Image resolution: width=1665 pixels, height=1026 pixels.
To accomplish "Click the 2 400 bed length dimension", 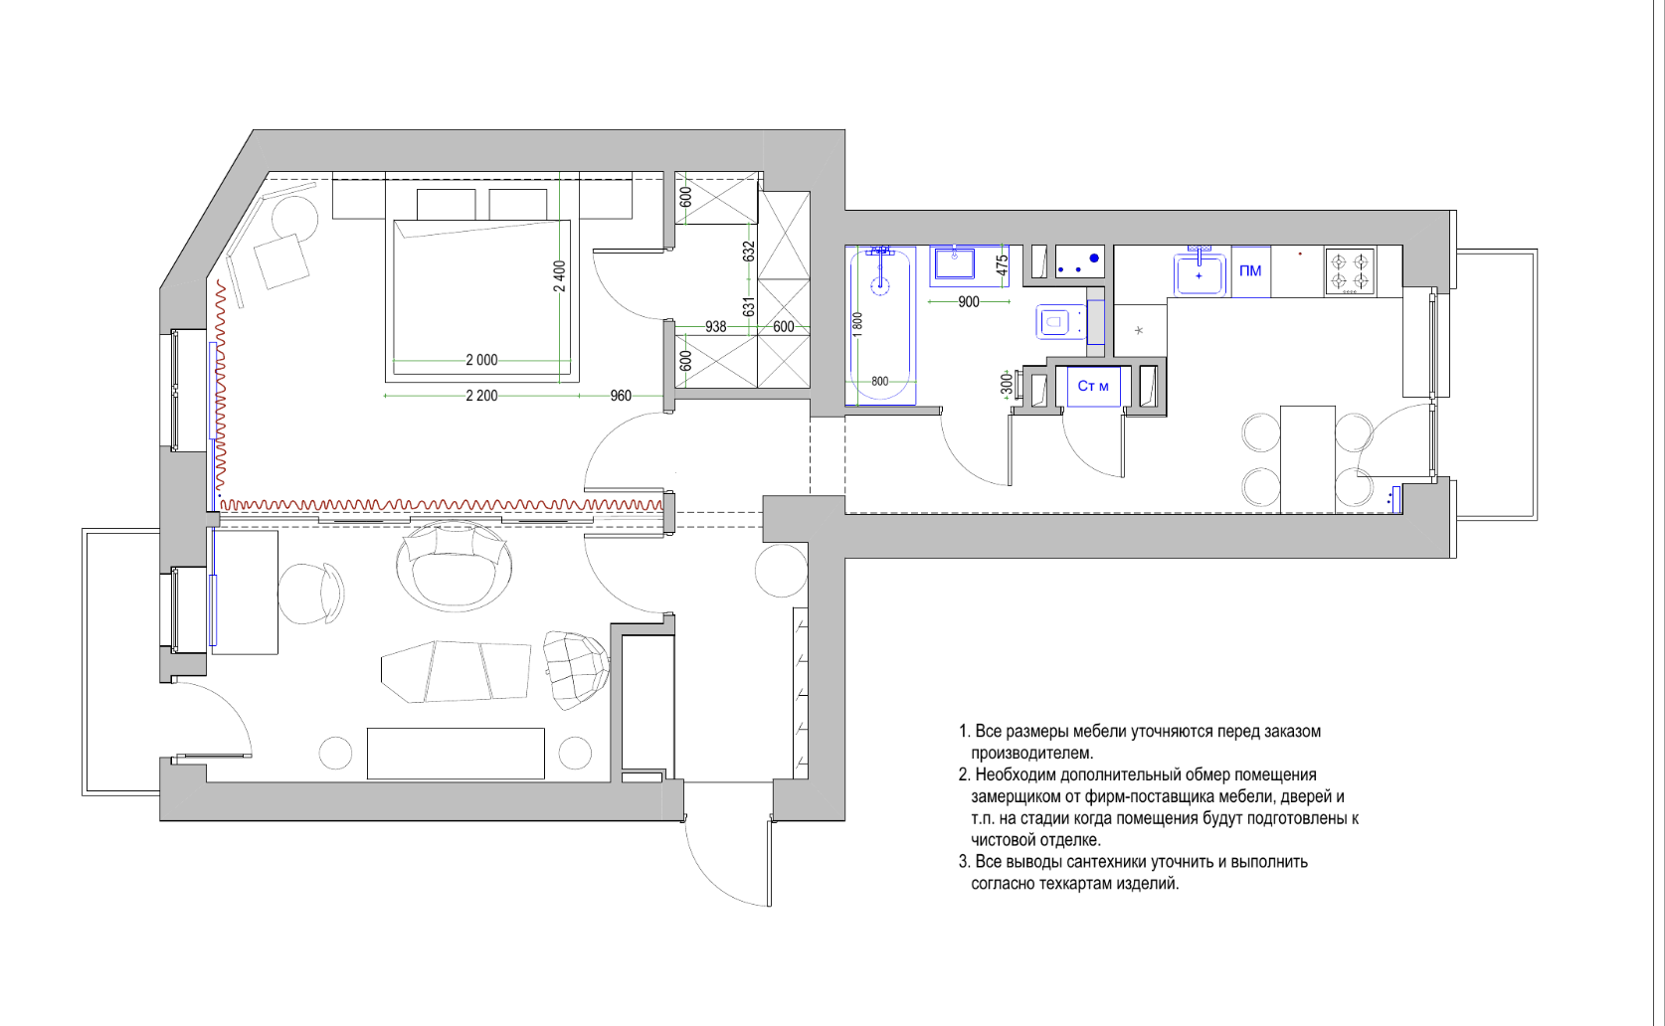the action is tap(560, 276).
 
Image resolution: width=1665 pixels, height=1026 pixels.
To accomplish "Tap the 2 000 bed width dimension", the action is tap(481, 360).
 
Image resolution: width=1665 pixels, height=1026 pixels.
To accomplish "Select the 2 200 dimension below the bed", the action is tap(481, 396).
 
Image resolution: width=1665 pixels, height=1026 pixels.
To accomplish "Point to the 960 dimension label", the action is tap(621, 396).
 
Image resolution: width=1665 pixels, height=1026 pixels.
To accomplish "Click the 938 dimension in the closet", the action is tap(716, 327).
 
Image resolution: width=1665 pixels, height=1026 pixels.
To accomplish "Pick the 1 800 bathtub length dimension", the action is tap(857, 325).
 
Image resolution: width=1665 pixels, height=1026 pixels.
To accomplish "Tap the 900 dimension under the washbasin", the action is tap(969, 301).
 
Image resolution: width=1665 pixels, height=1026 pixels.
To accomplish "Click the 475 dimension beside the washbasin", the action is tap(1002, 266).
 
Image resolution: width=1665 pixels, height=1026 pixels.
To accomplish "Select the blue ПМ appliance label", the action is tap(1250, 271).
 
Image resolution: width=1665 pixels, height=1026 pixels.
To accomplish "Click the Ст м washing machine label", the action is tap(1093, 387).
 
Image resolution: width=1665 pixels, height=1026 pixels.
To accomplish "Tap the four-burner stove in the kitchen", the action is tap(1350, 272).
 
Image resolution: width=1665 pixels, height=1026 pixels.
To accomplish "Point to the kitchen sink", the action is tap(1199, 274).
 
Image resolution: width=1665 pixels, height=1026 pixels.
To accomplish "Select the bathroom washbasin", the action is tap(955, 264).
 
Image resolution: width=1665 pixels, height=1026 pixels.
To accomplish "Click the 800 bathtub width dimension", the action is tap(879, 381).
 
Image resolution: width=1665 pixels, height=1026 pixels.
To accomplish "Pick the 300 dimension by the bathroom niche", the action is tap(1007, 384).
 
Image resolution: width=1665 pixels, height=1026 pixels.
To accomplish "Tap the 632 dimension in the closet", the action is tap(749, 252).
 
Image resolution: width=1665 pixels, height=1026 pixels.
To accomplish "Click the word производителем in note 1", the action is tap(1032, 753).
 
